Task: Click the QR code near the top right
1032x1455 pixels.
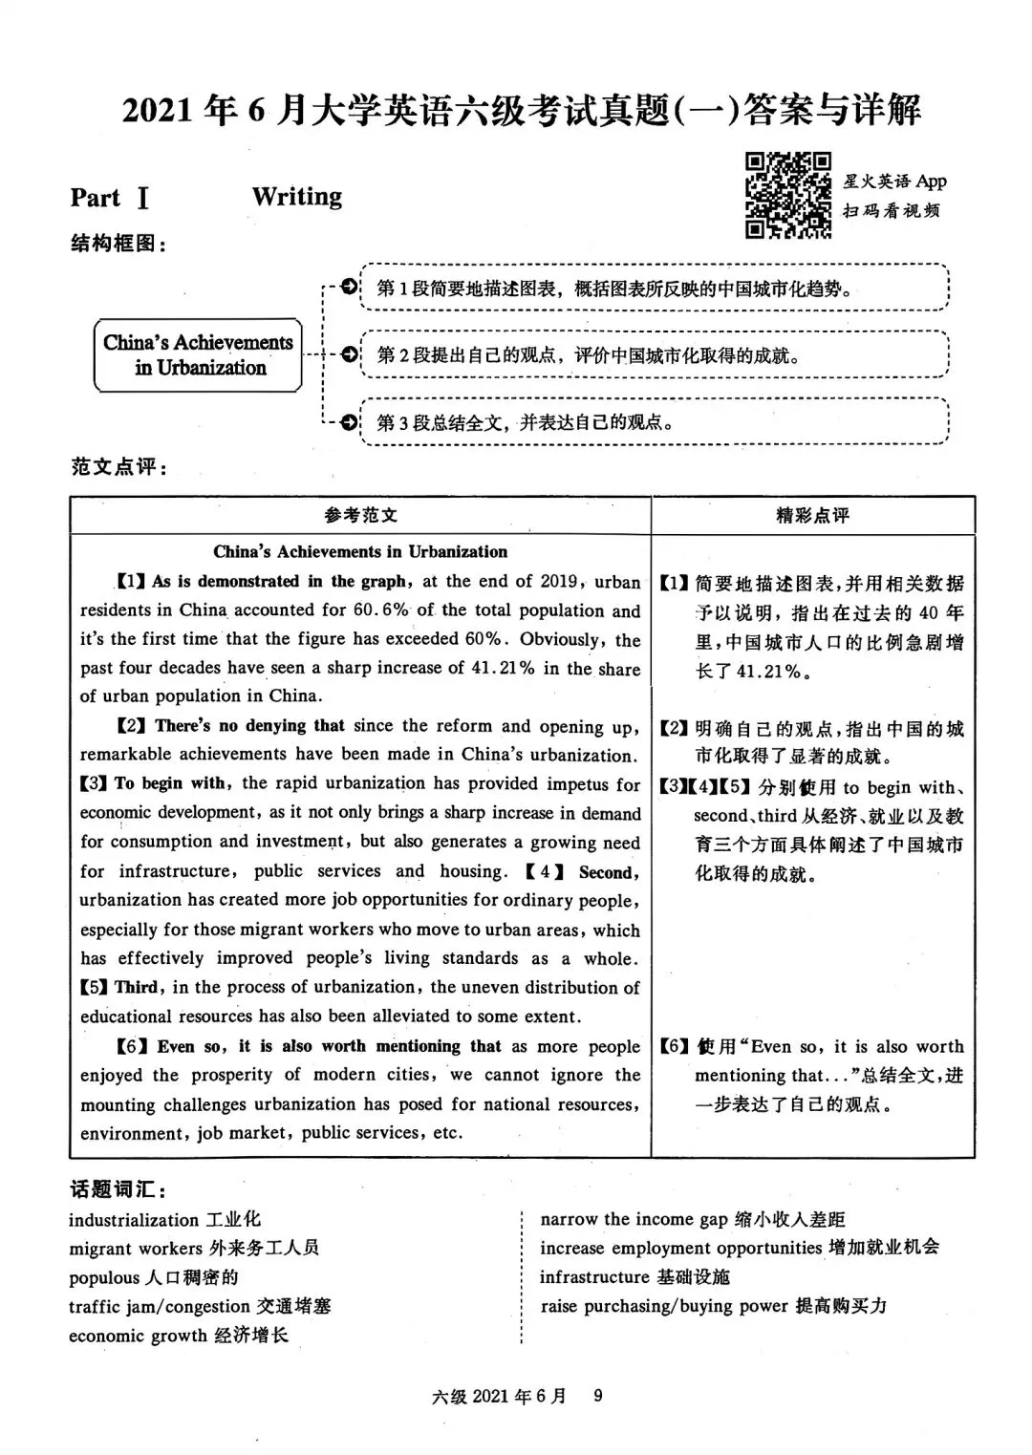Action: coord(787,195)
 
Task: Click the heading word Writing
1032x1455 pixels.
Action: coord(297,197)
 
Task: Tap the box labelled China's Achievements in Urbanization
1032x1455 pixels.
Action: coord(199,355)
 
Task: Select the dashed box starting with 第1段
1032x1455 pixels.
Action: coord(655,288)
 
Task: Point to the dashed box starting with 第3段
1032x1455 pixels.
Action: coord(655,421)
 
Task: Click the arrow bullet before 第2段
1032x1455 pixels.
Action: coord(349,355)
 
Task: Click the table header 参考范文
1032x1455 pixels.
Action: coord(360,516)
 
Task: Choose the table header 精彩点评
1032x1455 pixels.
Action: coord(812,516)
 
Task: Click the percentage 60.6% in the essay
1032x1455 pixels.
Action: coord(380,610)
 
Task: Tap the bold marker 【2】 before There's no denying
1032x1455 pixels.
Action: coord(131,727)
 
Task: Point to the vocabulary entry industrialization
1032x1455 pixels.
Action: coord(134,1220)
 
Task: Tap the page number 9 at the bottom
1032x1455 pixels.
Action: coord(598,1396)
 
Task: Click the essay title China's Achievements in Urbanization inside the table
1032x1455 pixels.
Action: coord(360,551)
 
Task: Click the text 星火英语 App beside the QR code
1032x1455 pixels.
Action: coord(894,182)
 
